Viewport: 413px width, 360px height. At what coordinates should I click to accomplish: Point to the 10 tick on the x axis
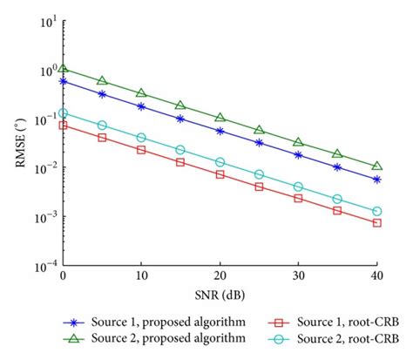pyautogui.click(x=140, y=275)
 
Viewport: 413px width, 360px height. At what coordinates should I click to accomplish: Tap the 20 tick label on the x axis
pyautogui.click(x=220, y=275)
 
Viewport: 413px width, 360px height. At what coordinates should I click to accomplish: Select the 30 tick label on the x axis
pyautogui.click(x=298, y=275)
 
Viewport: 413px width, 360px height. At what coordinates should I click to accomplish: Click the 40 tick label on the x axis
pyautogui.click(x=376, y=275)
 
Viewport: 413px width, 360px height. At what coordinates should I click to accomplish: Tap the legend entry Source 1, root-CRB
pyautogui.click(x=340, y=321)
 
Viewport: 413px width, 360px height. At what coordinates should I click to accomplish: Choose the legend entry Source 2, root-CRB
pyautogui.click(x=340, y=337)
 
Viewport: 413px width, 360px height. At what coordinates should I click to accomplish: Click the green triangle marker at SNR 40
pyautogui.click(x=376, y=166)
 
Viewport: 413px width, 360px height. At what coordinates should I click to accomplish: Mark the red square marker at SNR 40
pyautogui.click(x=376, y=223)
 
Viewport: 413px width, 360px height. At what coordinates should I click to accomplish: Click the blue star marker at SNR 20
pyautogui.click(x=220, y=131)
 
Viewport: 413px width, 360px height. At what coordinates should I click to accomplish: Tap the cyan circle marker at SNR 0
pyautogui.click(x=62, y=113)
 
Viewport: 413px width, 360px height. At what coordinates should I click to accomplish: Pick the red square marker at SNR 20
pyautogui.click(x=220, y=174)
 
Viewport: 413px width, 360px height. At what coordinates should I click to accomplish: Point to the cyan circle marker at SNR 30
pyautogui.click(x=298, y=187)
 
